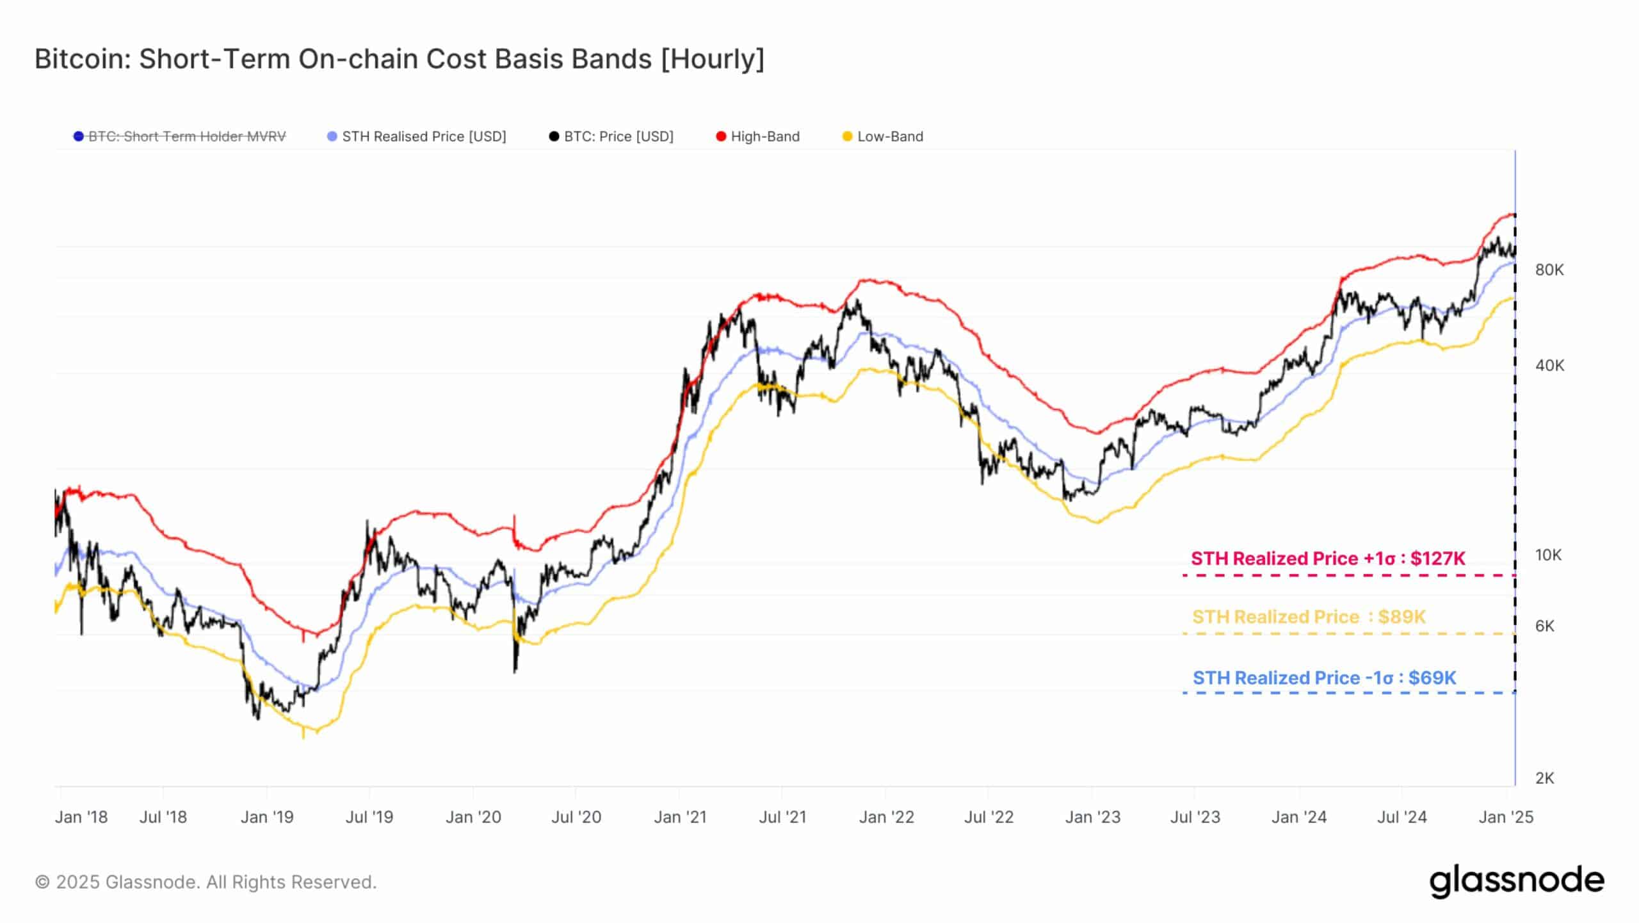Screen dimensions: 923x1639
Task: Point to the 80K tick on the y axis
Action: [1549, 270]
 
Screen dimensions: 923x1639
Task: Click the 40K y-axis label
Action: [1549, 366]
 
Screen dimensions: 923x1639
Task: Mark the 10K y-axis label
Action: [1548, 555]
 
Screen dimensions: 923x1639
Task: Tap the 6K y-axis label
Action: [1544, 626]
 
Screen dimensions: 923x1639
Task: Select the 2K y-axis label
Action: [1544, 778]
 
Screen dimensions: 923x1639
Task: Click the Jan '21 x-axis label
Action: [680, 817]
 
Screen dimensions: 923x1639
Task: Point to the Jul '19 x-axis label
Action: [369, 817]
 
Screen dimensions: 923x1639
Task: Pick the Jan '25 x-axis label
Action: [1506, 817]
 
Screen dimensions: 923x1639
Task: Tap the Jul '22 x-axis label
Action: [989, 817]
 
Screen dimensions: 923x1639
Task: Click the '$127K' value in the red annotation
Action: [1437, 559]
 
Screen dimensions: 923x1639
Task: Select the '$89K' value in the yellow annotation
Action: [1402, 617]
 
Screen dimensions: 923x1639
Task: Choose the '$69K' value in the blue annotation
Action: [1432, 678]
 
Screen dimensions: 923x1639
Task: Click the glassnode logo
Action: [1517, 882]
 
